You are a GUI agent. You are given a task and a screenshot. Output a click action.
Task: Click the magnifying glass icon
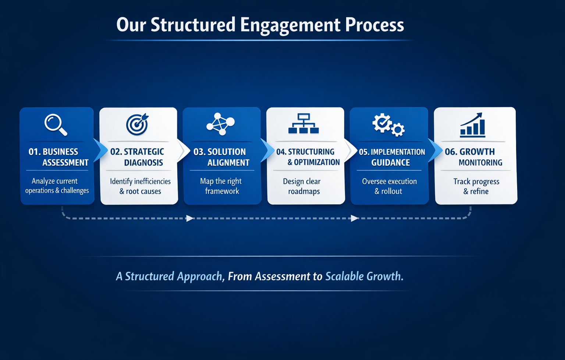click(x=56, y=124)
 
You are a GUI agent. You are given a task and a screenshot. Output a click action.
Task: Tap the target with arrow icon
click(x=137, y=124)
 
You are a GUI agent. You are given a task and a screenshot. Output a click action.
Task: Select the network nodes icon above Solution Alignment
click(x=220, y=124)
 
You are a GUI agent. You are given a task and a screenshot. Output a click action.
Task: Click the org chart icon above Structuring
click(x=303, y=124)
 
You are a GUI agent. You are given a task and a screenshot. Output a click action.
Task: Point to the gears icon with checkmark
click(x=388, y=125)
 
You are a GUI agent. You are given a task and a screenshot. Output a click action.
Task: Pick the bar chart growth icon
click(x=473, y=125)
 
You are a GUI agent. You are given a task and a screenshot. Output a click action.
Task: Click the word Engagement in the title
click(x=290, y=25)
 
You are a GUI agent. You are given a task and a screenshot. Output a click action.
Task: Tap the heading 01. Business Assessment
click(x=58, y=157)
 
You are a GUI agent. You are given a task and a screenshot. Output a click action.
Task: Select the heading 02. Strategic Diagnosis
click(x=137, y=157)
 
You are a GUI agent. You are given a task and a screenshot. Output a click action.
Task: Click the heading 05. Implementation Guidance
click(x=391, y=157)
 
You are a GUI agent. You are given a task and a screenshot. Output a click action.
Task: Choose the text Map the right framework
click(x=221, y=186)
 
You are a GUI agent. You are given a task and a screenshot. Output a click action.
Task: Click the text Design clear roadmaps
click(x=303, y=186)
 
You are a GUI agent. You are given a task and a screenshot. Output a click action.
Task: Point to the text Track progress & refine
click(x=476, y=186)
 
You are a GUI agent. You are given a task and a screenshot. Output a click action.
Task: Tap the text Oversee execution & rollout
click(x=389, y=186)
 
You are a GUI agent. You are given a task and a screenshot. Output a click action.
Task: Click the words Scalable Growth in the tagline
click(x=364, y=276)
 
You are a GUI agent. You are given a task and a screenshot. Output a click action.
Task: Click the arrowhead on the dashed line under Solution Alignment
click(x=190, y=218)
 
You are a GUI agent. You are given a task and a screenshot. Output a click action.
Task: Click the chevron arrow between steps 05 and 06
click(x=434, y=150)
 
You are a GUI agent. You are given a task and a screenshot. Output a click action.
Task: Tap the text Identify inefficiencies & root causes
click(x=140, y=186)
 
